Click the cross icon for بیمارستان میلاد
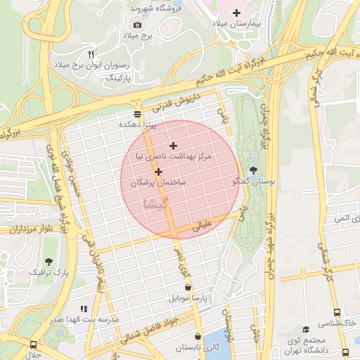click(x=236, y=13)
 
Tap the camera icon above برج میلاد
click(x=137, y=25)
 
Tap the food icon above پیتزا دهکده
click(x=137, y=113)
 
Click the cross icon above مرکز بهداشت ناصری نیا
click(x=174, y=146)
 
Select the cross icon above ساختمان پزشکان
click(x=158, y=172)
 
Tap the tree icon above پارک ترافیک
click(x=49, y=243)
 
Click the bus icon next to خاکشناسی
click(x=338, y=312)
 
